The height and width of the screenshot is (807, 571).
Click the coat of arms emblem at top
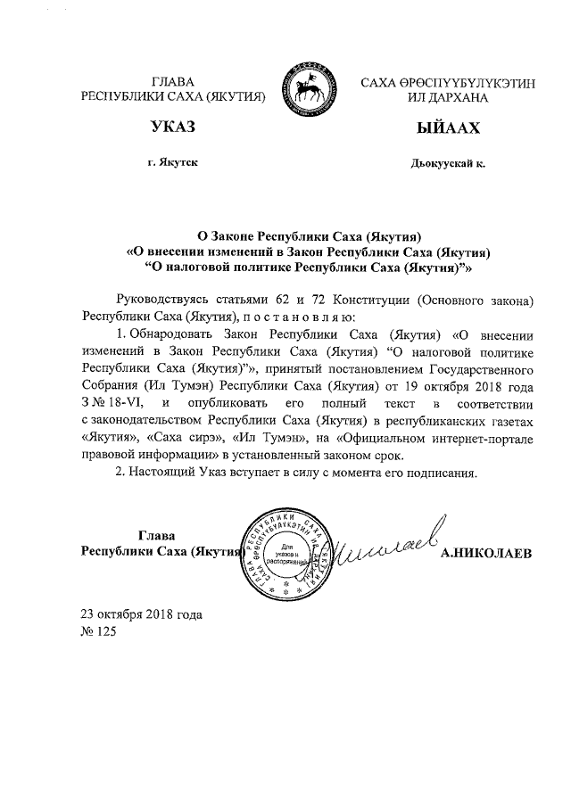(310, 86)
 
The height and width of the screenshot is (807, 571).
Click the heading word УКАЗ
(174, 130)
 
